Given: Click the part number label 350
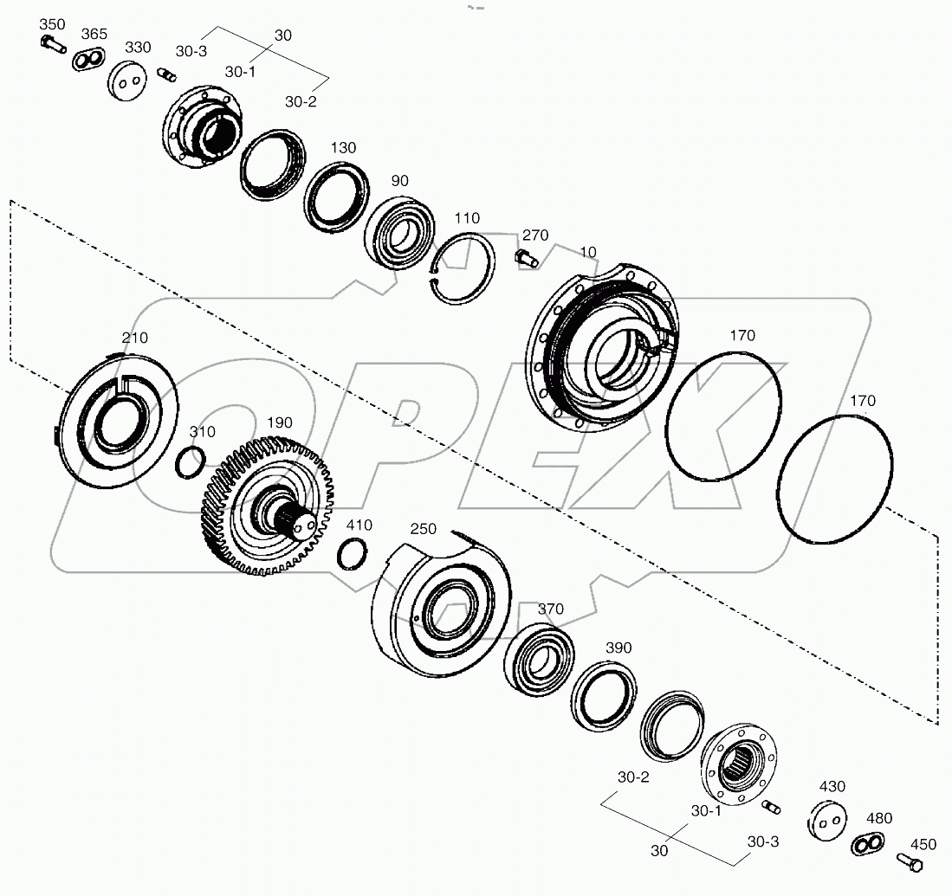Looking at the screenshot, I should click(52, 23).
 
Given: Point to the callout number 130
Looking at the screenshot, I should click(343, 148).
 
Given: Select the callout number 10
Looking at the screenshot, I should click(588, 253).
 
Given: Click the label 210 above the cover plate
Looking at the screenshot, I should click(135, 338).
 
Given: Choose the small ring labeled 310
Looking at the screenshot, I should click(191, 462).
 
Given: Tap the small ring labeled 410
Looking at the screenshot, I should click(350, 555).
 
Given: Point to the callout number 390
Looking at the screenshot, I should click(618, 648).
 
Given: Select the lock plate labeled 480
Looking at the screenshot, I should click(867, 844).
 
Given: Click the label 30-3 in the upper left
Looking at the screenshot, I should click(191, 51).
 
